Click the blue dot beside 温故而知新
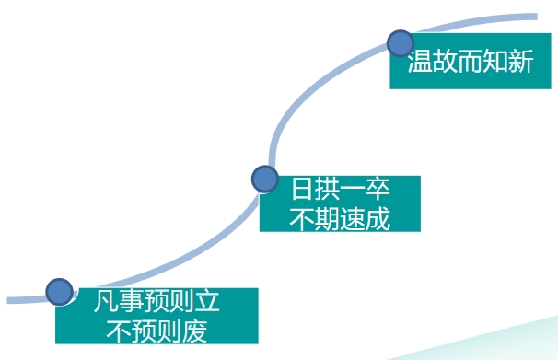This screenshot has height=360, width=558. click(x=401, y=43)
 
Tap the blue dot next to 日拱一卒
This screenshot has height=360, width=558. click(x=265, y=179)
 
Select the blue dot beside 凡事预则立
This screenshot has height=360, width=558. click(x=60, y=292)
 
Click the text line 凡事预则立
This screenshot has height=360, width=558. click(x=157, y=302)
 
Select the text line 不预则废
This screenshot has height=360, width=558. click(x=157, y=330)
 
